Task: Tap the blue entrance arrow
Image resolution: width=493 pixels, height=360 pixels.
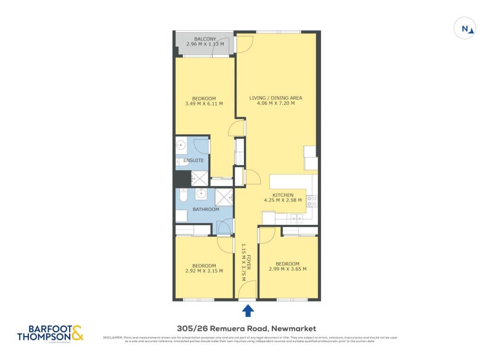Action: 248,309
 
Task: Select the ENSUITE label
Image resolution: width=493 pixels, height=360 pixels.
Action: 194,161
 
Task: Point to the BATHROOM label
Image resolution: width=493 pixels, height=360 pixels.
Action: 206,210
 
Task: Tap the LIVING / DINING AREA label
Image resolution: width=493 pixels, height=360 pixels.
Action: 275,98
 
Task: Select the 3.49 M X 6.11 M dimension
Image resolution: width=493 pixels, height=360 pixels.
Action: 204,104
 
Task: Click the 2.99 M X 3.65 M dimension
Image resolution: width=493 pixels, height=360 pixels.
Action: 288,269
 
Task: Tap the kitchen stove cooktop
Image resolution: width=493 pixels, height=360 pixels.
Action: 312,201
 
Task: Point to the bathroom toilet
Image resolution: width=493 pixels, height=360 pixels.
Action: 183,197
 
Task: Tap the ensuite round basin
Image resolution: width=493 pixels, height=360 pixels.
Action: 181,146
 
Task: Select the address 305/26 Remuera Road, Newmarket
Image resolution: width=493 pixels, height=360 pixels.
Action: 246,329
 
